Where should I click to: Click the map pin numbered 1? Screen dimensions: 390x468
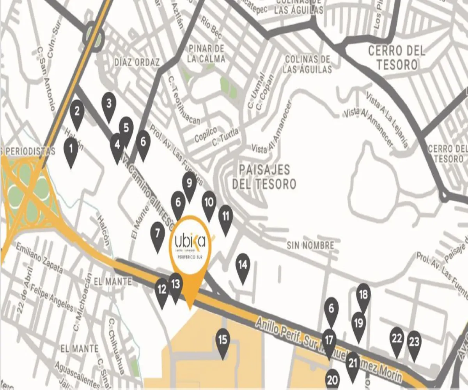coord(71,149)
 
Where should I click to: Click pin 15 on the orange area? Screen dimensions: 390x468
coord(223,340)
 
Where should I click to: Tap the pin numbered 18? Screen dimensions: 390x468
coord(363,295)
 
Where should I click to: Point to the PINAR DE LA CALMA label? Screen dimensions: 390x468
coord(206,53)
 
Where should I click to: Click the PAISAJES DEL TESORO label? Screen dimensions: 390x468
coord(264,176)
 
